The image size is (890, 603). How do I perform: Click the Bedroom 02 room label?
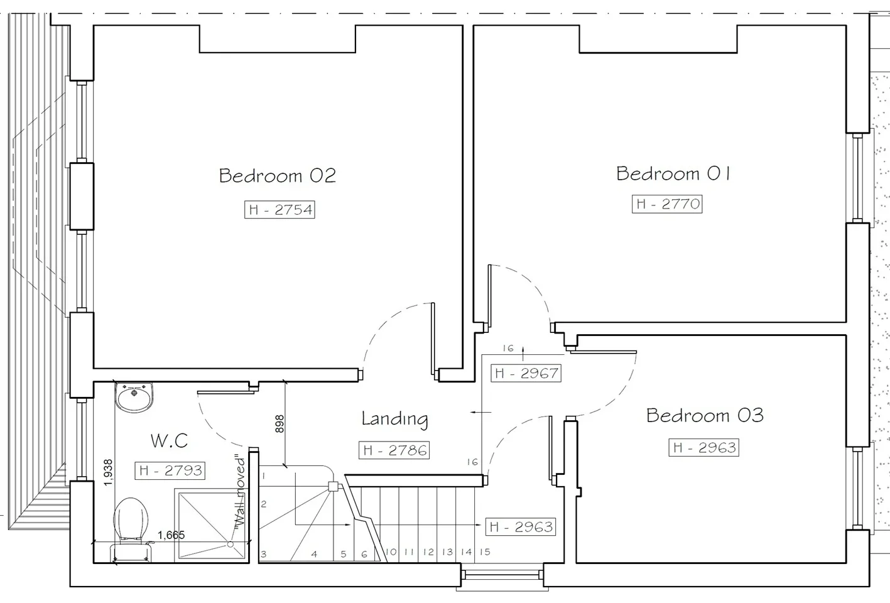pyautogui.click(x=278, y=176)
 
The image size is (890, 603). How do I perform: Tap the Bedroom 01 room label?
pyautogui.click(x=673, y=173)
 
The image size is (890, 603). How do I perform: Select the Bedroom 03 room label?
pyautogui.click(x=705, y=416)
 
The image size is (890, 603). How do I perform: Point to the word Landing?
pyautogui.click(x=394, y=420)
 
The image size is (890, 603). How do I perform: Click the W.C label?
pyautogui.click(x=169, y=440)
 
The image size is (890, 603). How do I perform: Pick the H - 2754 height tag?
pyautogui.click(x=279, y=210)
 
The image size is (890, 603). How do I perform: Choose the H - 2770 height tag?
pyautogui.click(x=667, y=204)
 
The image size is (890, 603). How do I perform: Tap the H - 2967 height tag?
pyautogui.click(x=526, y=373)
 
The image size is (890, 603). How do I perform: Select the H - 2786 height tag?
pyautogui.click(x=394, y=450)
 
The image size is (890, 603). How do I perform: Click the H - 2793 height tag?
pyautogui.click(x=170, y=470)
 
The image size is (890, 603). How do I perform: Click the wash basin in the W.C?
pyautogui.click(x=134, y=397)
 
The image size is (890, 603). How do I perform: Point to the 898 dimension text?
pyautogui.click(x=280, y=424)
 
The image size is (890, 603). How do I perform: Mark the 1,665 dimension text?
pyautogui.click(x=171, y=535)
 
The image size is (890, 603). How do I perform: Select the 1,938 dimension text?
pyautogui.click(x=108, y=472)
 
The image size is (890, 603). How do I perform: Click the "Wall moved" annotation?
pyautogui.click(x=240, y=491)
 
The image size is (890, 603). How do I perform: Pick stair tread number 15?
pyautogui.click(x=485, y=551)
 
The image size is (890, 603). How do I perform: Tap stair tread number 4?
pyautogui.click(x=314, y=554)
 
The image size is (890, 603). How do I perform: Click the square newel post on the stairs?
pyautogui.click(x=333, y=487)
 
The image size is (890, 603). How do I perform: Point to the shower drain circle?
pyautogui.click(x=230, y=544)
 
